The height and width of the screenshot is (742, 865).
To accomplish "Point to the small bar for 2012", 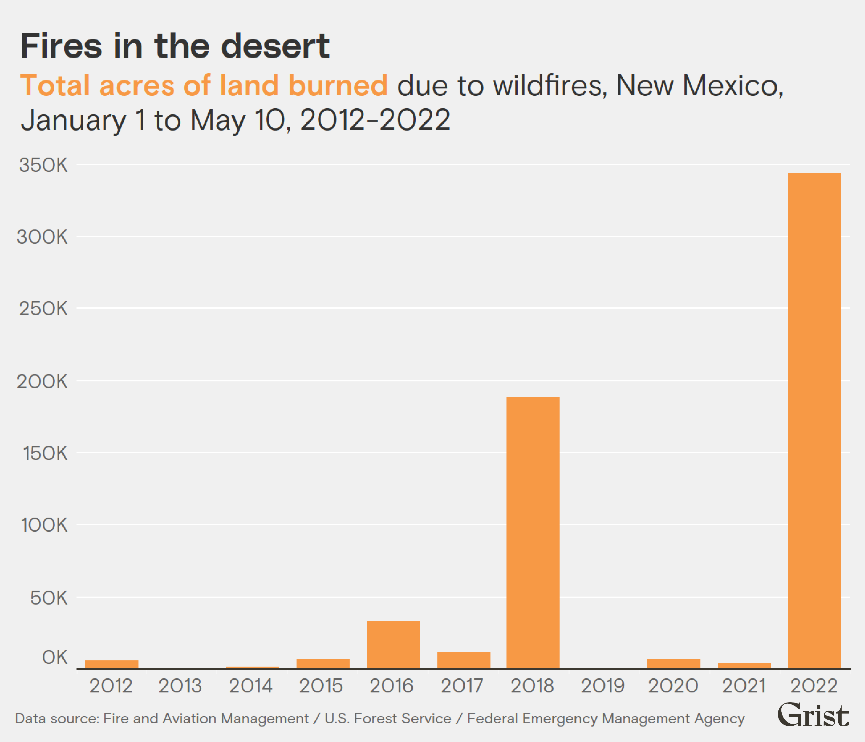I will click(111, 664).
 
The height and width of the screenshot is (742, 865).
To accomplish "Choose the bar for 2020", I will click(673, 663).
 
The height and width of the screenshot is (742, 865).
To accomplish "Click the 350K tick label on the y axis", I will click(43, 165).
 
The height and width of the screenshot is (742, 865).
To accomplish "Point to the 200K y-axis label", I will click(42, 381).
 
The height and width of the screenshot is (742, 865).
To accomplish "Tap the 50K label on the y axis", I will click(48, 598).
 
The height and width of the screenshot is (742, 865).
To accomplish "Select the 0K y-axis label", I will click(54, 657).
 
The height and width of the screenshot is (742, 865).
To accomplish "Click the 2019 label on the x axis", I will click(602, 686).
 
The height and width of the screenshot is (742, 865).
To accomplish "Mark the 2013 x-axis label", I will click(180, 686).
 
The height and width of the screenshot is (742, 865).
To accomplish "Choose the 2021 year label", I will click(743, 686).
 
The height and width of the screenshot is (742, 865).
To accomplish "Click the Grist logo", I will click(813, 715).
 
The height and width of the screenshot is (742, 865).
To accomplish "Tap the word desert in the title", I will click(275, 46).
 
